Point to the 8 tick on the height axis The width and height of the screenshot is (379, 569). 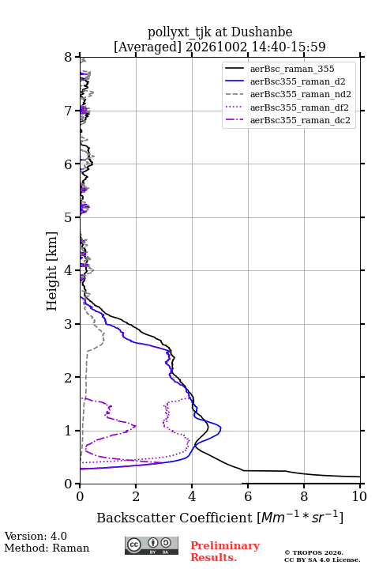[69, 58]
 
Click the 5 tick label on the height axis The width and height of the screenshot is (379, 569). [69, 217]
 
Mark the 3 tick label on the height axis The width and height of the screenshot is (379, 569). [69, 324]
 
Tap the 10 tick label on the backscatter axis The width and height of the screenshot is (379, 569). [359, 496]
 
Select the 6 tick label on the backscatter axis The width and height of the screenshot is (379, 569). [248, 496]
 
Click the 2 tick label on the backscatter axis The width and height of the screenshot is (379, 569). [136, 496]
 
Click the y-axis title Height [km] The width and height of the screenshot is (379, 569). [52, 271]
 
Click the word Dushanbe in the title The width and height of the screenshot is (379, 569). [261, 32]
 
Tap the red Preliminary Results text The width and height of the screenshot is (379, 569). [225, 552]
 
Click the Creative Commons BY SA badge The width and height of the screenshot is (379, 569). [152, 546]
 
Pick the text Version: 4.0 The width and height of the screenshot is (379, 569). [36, 536]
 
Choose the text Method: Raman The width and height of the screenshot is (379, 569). [47, 548]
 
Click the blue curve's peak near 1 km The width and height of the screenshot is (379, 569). [221, 428]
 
